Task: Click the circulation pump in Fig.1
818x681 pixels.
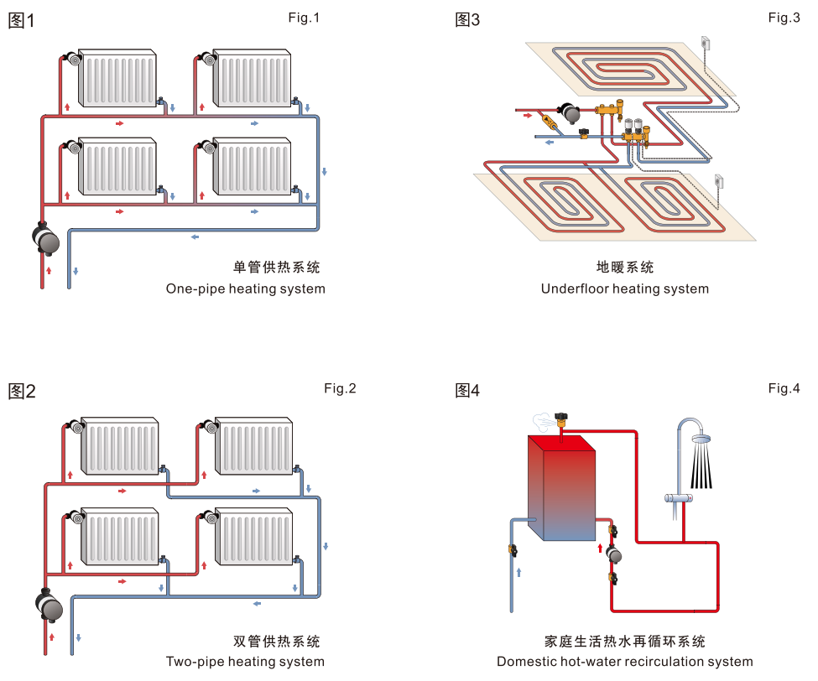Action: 47,239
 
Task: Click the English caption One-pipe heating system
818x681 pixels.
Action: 245,289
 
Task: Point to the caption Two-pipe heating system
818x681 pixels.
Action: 245,661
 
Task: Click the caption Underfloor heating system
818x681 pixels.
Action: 624,289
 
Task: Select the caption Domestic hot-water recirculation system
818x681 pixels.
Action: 624,661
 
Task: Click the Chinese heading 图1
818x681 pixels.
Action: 21,21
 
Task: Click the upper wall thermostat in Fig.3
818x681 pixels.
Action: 705,44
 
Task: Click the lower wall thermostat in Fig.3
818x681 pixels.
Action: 718,181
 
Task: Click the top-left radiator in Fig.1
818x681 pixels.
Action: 117,80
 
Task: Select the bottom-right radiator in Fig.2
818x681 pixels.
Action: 257,537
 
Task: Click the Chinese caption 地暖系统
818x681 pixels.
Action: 624,268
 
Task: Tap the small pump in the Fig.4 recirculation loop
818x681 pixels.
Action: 615,554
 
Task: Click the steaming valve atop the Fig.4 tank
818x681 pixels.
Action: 564,417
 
